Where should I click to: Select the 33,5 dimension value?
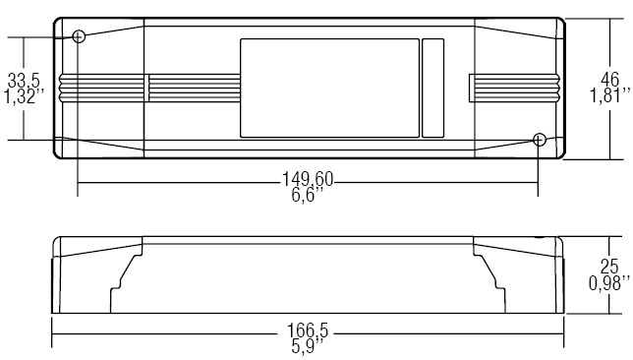[24, 81]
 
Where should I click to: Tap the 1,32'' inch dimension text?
[24, 97]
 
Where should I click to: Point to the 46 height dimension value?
[609, 80]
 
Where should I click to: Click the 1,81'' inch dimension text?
[610, 95]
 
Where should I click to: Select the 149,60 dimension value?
[308, 179]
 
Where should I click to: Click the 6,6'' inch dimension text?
[308, 195]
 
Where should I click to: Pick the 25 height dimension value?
[609, 267]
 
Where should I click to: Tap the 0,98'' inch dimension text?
[609, 283]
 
